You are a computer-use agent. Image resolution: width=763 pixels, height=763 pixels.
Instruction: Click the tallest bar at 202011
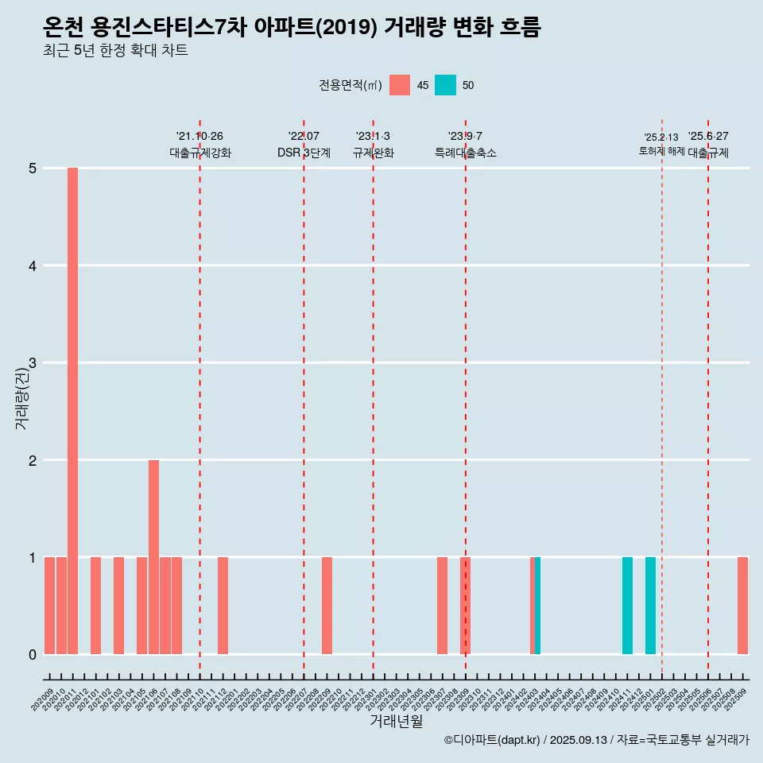pyautogui.click(x=72, y=411)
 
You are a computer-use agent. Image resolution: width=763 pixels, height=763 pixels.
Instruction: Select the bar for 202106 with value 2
pyautogui.click(x=153, y=556)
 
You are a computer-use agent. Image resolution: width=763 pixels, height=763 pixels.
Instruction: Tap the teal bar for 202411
pyautogui.click(x=627, y=606)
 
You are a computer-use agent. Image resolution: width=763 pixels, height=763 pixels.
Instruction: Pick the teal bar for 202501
pyautogui.click(x=650, y=606)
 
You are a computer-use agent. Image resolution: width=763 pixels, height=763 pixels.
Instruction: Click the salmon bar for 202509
pyautogui.click(x=742, y=606)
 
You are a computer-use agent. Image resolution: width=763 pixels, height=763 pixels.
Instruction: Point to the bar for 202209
pyautogui.click(x=327, y=606)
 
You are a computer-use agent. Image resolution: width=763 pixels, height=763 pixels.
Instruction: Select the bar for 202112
pyautogui.click(x=223, y=606)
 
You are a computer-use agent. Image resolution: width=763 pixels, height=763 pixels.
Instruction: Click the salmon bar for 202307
pyautogui.click(x=442, y=606)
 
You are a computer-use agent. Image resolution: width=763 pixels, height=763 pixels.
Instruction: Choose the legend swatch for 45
pyautogui.click(x=400, y=85)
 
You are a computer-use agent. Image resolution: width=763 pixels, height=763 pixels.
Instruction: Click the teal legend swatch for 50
pyautogui.click(x=445, y=85)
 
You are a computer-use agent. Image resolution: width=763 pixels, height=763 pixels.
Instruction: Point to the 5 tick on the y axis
pyautogui.click(x=33, y=168)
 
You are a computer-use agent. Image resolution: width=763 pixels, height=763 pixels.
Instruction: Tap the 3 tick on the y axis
pyautogui.click(x=33, y=363)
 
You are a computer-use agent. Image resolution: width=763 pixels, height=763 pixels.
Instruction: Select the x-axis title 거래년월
pyautogui.click(x=396, y=721)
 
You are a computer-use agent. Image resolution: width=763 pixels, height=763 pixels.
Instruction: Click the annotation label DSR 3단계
pyautogui.click(x=304, y=153)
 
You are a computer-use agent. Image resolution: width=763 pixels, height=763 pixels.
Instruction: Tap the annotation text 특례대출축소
pyautogui.click(x=465, y=153)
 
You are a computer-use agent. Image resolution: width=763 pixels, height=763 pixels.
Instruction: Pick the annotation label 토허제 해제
pyautogui.click(x=661, y=150)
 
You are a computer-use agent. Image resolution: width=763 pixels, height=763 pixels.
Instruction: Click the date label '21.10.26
pyautogui.click(x=199, y=136)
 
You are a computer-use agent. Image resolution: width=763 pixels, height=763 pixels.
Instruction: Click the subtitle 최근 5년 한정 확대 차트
pyautogui.click(x=116, y=51)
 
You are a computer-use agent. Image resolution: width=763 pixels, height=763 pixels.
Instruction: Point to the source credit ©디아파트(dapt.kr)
pyautogui.click(x=492, y=740)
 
